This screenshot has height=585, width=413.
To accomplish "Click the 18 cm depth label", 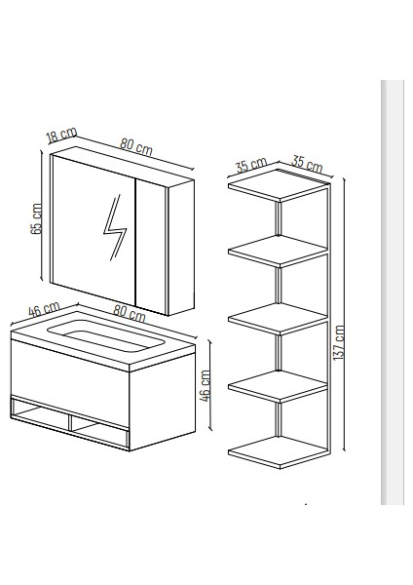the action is (62, 135).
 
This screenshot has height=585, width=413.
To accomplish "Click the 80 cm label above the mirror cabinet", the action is (136, 146).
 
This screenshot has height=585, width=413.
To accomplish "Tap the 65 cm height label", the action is (36, 218).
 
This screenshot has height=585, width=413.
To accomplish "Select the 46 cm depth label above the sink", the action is (44, 309).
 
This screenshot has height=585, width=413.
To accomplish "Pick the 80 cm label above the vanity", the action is (129, 313).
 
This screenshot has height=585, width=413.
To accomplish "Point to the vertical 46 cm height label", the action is (205, 385).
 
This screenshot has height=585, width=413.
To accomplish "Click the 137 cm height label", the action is (339, 342).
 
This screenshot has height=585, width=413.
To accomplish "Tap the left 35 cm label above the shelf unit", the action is (251, 165).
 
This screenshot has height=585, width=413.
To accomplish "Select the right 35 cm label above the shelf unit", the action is (307, 164).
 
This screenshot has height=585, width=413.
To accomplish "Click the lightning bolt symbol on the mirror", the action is (115, 227).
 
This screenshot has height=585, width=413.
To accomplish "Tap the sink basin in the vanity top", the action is (106, 335).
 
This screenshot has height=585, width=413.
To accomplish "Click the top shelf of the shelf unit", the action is (278, 186).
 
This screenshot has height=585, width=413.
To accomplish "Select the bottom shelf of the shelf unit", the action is (278, 452).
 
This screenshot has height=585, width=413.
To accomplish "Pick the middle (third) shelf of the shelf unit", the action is (278, 319).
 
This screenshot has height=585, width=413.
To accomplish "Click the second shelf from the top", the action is (278, 252).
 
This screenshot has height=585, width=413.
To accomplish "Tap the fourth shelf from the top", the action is (278, 386).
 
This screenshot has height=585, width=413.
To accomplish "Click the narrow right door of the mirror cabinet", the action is (151, 247).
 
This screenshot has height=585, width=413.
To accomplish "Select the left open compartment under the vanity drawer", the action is (40, 413).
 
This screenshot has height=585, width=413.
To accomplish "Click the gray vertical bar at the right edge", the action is (393, 292).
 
